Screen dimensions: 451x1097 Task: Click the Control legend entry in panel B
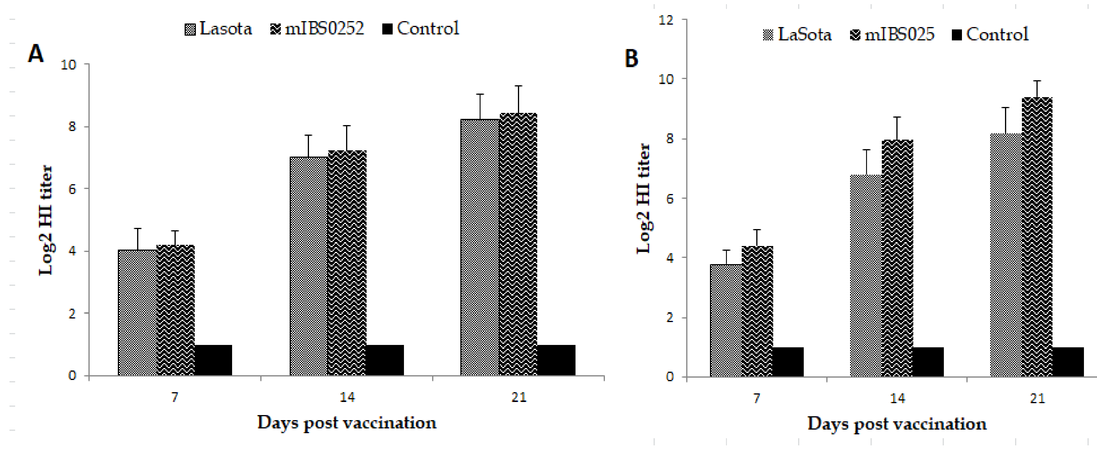(x=990, y=34)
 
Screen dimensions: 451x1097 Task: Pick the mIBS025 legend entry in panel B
(x=892, y=34)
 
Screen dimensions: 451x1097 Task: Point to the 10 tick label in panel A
(x=69, y=65)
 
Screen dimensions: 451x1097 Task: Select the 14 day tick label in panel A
(x=347, y=397)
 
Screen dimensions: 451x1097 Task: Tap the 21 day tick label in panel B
(x=1037, y=399)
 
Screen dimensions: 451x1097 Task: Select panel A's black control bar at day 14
(x=385, y=360)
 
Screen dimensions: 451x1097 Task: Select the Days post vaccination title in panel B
(x=897, y=424)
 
